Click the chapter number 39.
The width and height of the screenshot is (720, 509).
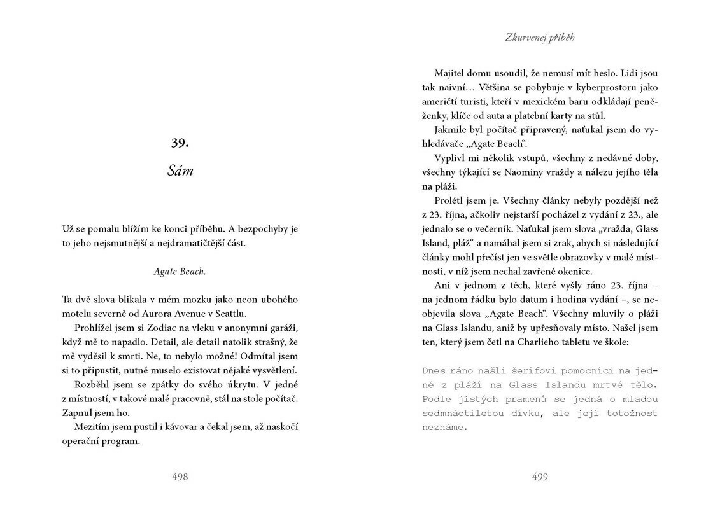pyautogui.click(x=180, y=143)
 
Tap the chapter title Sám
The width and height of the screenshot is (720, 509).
pyautogui.click(x=180, y=171)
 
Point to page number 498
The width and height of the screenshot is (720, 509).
pyautogui.click(x=180, y=477)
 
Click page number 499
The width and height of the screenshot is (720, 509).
pyautogui.click(x=539, y=477)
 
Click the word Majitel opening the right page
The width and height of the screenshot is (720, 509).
pyautogui.click(x=450, y=73)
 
